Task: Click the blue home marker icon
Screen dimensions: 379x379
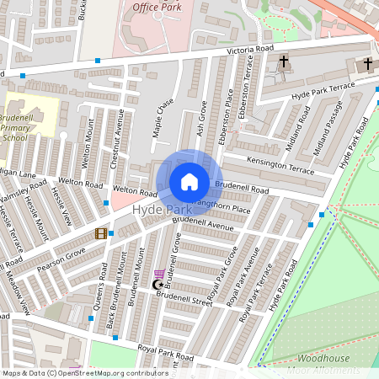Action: [189, 182]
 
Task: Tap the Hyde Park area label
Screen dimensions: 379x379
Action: [161, 209]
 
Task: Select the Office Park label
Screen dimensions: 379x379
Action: [157, 7]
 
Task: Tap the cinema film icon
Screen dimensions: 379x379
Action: [102, 233]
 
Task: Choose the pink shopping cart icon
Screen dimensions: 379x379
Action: [159, 274]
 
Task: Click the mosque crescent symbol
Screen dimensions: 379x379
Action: [155, 285]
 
